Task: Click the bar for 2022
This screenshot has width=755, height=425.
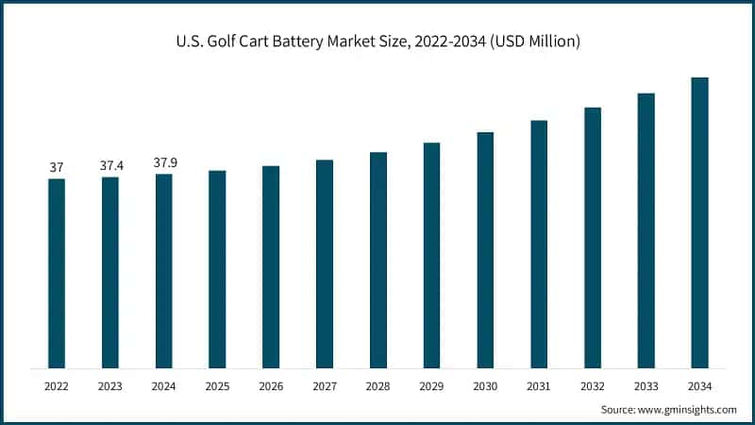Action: tap(57, 273)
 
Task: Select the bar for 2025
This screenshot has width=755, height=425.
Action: tap(217, 269)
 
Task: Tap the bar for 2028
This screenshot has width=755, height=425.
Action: tap(378, 260)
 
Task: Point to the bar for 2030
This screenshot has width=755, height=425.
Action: tap(485, 249)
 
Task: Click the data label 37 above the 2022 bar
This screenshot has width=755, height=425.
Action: tap(57, 167)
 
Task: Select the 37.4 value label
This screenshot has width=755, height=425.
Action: tap(110, 165)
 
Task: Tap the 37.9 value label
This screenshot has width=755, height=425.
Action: tap(164, 162)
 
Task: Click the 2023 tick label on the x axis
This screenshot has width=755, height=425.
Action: tap(110, 386)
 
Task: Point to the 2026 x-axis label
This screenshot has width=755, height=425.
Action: tap(271, 386)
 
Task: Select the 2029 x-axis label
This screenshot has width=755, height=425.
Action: tap(431, 386)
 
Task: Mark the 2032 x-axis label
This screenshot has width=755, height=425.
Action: tap(593, 386)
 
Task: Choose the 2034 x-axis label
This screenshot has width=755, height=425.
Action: tap(699, 386)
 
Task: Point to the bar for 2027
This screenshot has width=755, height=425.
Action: tap(325, 263)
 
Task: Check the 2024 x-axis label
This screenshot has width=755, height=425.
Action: tap(164, 386)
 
